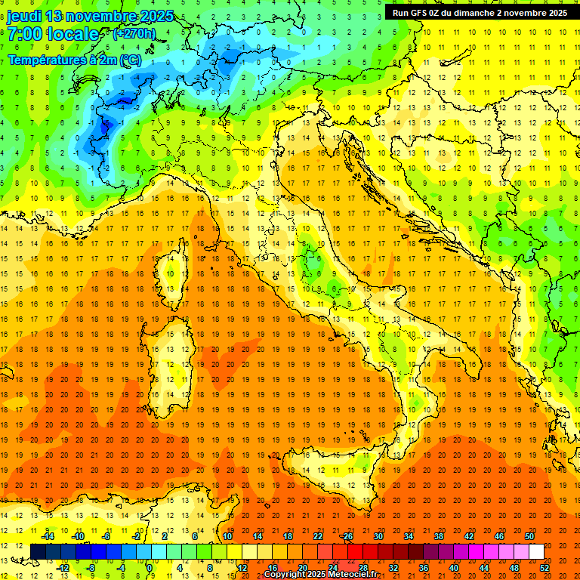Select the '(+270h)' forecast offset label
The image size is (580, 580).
pyautogui.click(x=134, y=34)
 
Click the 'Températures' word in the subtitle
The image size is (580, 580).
pyautogui.click(x=47, y=59)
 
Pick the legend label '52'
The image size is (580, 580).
pyautogui.click(x=545, y=568)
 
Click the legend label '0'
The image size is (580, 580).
pyautogui.click(x=150, y=568)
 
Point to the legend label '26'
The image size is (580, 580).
pyautogui.click(x=347, y=536)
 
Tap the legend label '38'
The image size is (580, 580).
pyautogui.click(x=438, y=536)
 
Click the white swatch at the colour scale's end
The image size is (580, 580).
pyautogui.click(x=536, y=552)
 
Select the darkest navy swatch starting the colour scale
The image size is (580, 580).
pyautogui.click(x=38, y=552)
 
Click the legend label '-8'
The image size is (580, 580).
pyautogui.click(x=91, y=568)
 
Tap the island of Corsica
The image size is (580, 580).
pyautogui.click(x=174, y=272)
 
